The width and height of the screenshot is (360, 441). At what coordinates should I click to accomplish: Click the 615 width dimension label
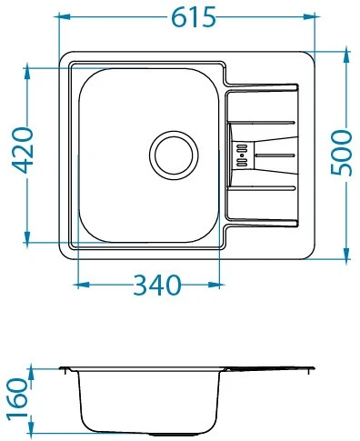pyautogui.click(x=193, y=17)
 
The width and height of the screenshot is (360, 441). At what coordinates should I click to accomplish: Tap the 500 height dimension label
pyautogui.click(x=341, y=153)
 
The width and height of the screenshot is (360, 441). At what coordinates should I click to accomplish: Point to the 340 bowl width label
pyautogui.click(x=156, y=286)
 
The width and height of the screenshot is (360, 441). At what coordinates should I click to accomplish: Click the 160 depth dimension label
pyautogui.click(x=17, y=399)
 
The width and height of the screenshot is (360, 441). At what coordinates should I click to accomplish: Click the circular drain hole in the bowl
pyautogui.click(x=174, y=155)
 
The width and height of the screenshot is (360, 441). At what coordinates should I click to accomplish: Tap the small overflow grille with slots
pyautogui.click(x=242, y=155)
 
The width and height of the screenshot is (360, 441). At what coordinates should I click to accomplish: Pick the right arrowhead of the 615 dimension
pyautogui.click(x=309, y=16)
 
